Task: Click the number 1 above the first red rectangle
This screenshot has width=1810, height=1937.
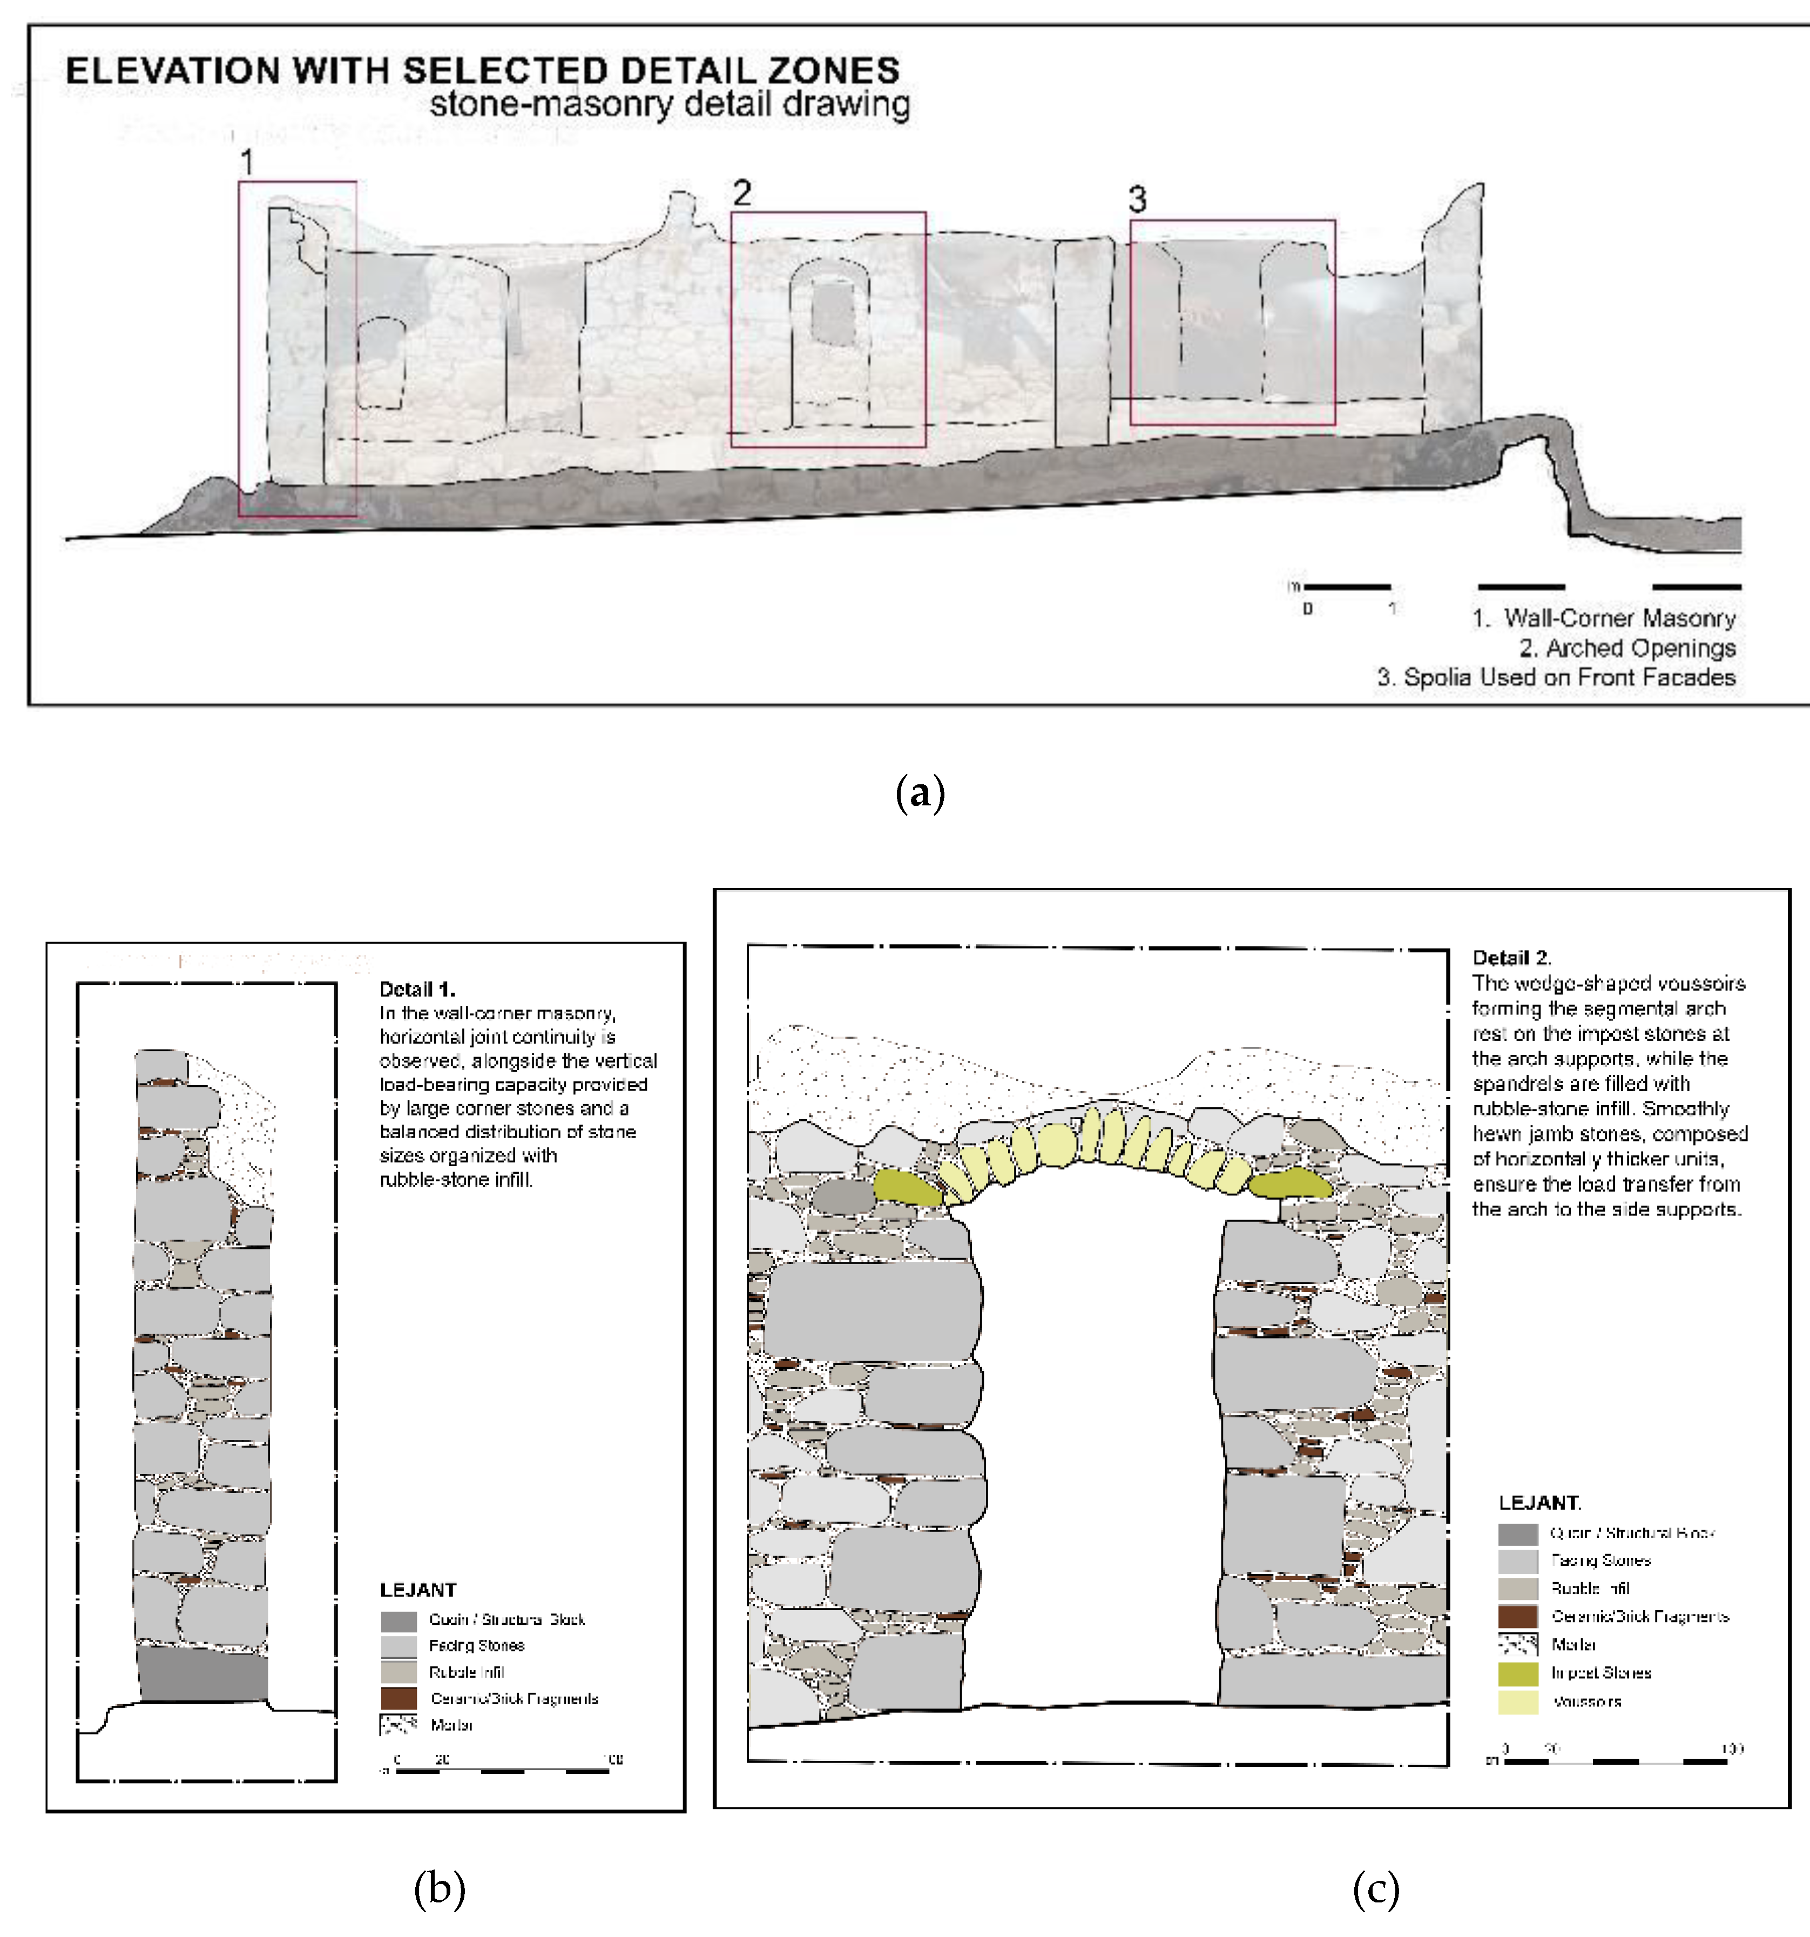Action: pyautogui.click(x=247, y=162)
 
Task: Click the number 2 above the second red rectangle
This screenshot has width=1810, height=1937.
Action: pyautogui.click(x=742, y=193)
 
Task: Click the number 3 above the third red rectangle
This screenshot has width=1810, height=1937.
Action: pyautogui.click(x=1137, y=200)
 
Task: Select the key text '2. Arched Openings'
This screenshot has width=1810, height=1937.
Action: pyautogui.click(x=1627, y=648)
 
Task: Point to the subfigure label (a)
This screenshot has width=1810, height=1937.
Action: pyautogui.click(x=920, y=793)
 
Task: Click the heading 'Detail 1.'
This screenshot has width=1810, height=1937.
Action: pyautogui.click(x=417, y=989)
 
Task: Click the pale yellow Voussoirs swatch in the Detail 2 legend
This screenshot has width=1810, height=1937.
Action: pyautogui.click(x=1518, y=1701)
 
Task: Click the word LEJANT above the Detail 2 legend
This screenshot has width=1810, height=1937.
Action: pyautogui.click(x=1538, y=1502)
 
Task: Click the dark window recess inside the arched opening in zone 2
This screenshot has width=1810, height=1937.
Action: pyautogui.click(x=833, y=312)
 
